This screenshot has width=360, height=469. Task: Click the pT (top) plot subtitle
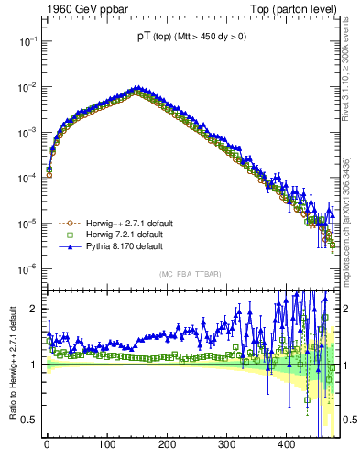(191, 37)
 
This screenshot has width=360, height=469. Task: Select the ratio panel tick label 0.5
(29, 420)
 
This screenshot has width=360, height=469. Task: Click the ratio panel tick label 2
(34, 309)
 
